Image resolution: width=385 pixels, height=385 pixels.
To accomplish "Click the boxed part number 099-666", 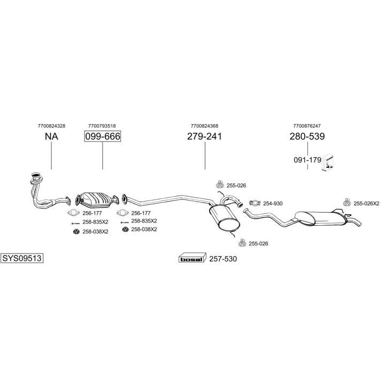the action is (103, 136).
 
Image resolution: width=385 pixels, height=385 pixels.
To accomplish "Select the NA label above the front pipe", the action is (51, 136).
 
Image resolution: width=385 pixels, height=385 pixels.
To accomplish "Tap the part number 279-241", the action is (204, 136).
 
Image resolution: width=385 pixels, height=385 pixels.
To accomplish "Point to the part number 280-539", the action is (307, 136).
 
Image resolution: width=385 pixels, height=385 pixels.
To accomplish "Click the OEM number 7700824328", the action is (51, 126).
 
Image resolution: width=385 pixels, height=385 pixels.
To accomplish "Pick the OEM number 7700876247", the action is (307, 126).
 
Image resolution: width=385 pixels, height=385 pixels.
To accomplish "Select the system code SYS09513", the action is (22, 258).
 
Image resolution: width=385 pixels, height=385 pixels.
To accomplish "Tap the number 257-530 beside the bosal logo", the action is (223, 259).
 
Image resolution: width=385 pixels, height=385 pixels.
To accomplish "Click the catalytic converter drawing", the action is (97, 200).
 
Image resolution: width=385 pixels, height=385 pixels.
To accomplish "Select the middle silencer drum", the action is (225, 218).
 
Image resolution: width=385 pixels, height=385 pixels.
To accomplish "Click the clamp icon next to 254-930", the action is (255, 203).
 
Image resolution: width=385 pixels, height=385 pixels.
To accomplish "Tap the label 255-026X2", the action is (366, 204).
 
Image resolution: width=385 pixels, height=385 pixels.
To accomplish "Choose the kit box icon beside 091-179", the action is (328, 163).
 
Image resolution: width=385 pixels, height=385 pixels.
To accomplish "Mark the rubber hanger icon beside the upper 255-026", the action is (220, 184).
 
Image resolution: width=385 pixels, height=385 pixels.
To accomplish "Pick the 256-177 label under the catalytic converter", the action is (92, 213).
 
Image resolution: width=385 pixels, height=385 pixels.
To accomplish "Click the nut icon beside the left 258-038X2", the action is (76, 232).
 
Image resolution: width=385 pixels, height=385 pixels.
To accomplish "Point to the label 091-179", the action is (307, 160).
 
